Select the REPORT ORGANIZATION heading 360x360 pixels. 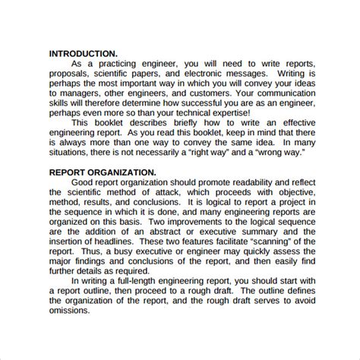pyautogui.click(x=104, y=172)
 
